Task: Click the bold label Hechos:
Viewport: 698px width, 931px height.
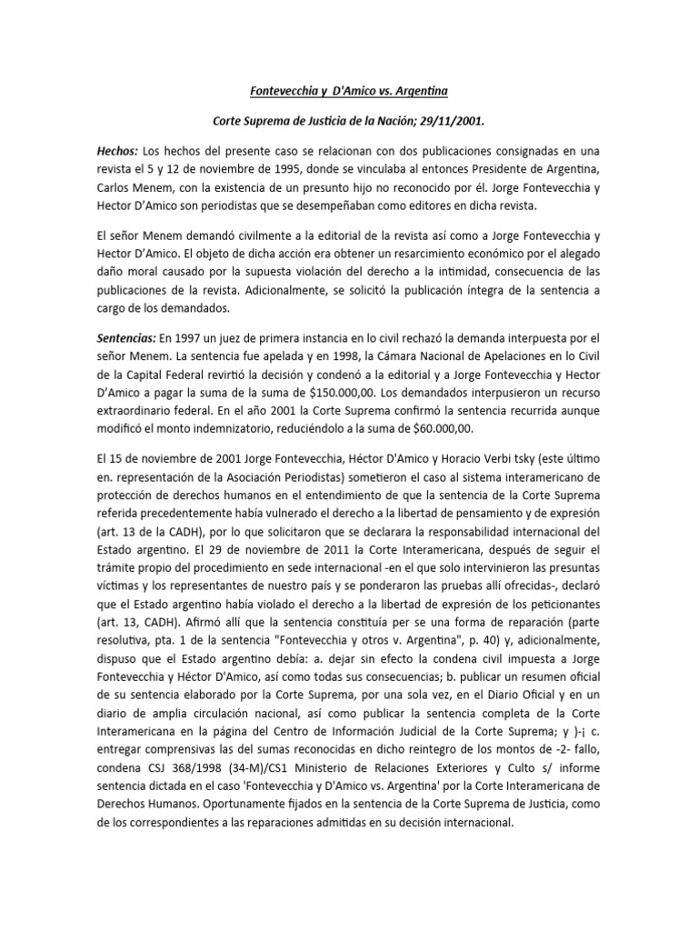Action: click(116, 149)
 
